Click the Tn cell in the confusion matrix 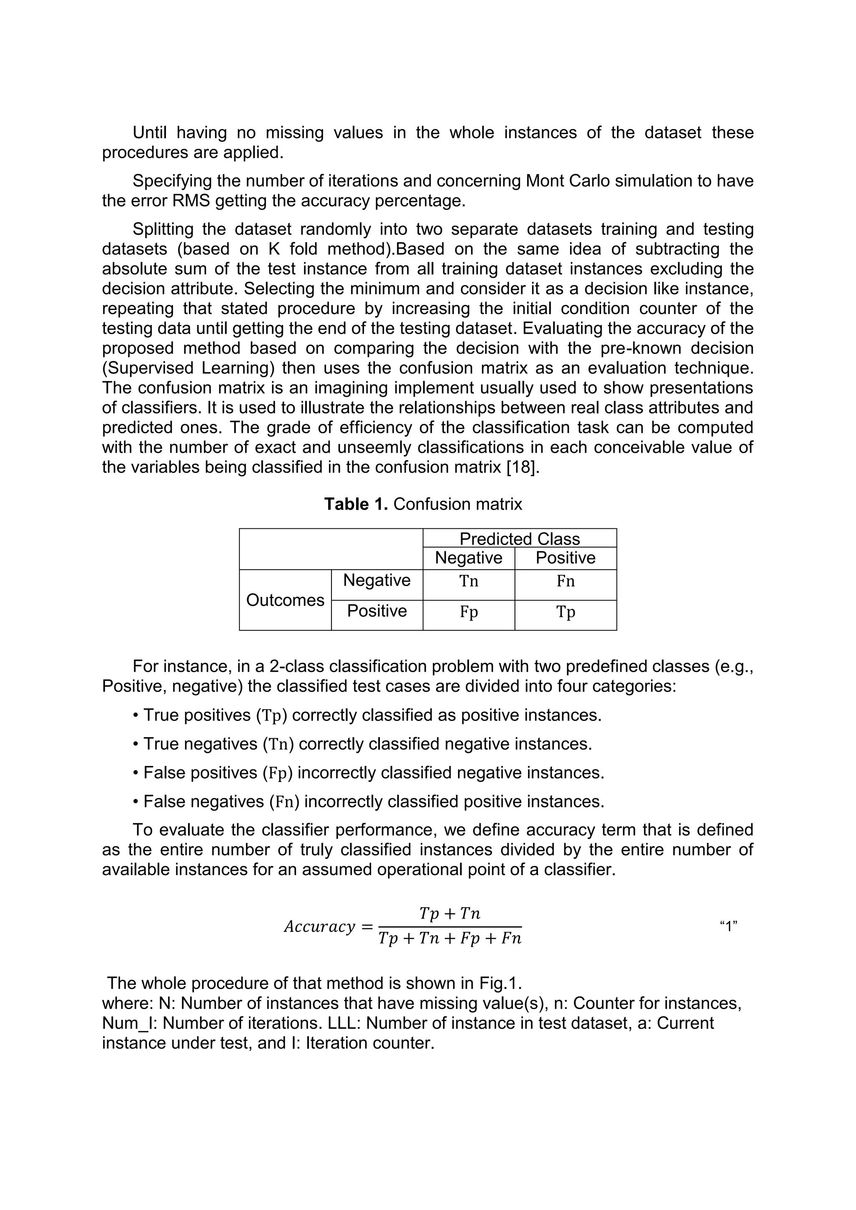469,581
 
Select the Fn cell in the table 566,581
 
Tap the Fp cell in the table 469,612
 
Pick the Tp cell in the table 566,612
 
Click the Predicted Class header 520,539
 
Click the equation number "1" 729,926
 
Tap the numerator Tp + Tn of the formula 450,913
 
